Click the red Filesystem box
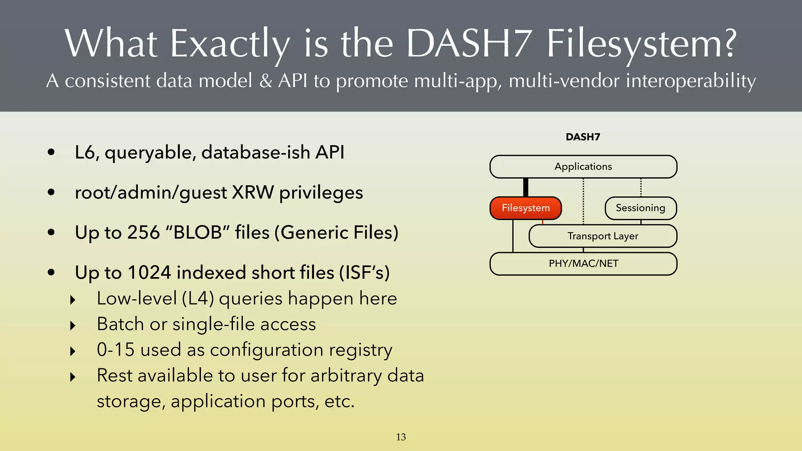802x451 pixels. pos(526,208)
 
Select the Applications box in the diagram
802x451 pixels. pos(583,167)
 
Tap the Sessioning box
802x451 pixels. pos(640,208)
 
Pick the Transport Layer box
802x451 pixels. pos(603,236)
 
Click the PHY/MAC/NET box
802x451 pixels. pos(583,263)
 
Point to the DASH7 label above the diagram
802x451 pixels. pos(583,137)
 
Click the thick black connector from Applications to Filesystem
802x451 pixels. pos(526,188)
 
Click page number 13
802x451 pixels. pos(401,437)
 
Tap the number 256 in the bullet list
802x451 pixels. pos(144,233)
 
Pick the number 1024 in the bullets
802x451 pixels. pos(149,272)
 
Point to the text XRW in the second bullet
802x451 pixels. pos(253,193)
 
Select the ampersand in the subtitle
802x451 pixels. pos(266,81)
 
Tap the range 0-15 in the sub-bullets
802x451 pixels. pos(116,350)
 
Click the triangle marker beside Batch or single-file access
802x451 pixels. pos(72,325)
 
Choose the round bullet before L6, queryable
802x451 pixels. pos(51,152)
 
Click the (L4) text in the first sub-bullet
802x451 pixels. pos(198,299)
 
